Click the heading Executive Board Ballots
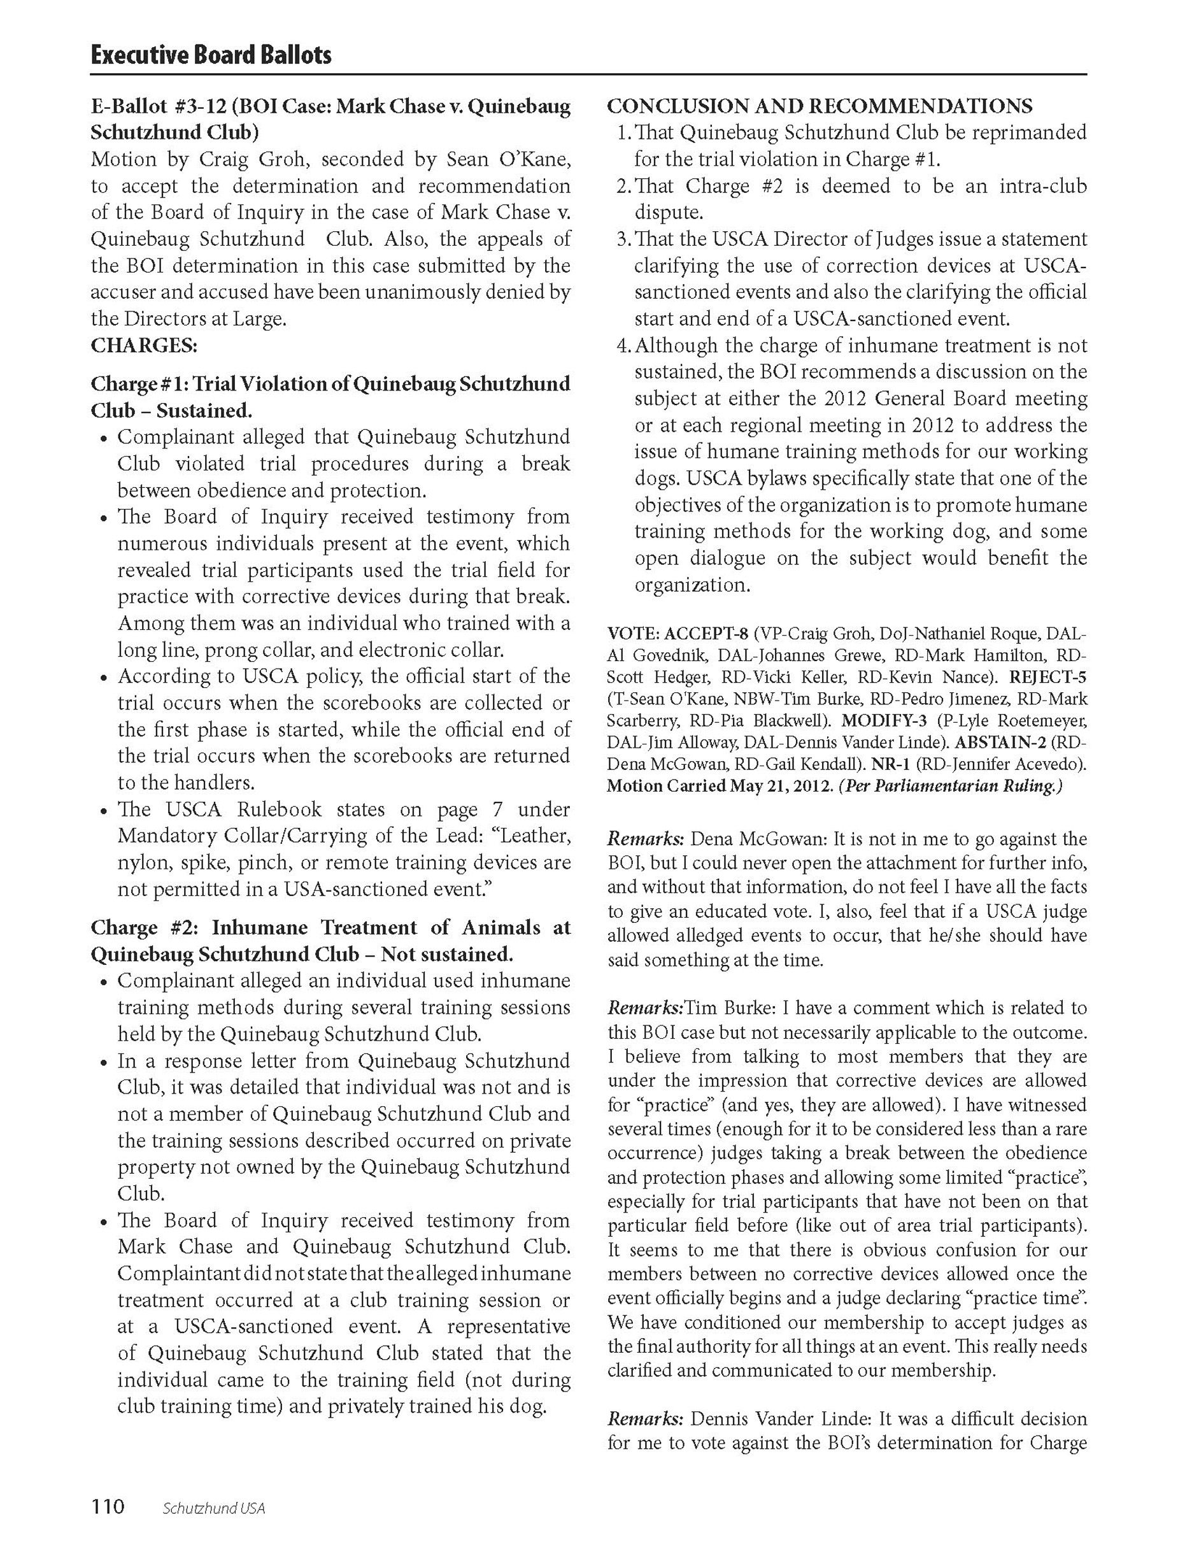tap(211, 55)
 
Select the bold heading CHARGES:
tap(144, 346)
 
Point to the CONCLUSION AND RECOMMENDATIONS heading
tap(820, 106)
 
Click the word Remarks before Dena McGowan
tap(645, 840)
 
